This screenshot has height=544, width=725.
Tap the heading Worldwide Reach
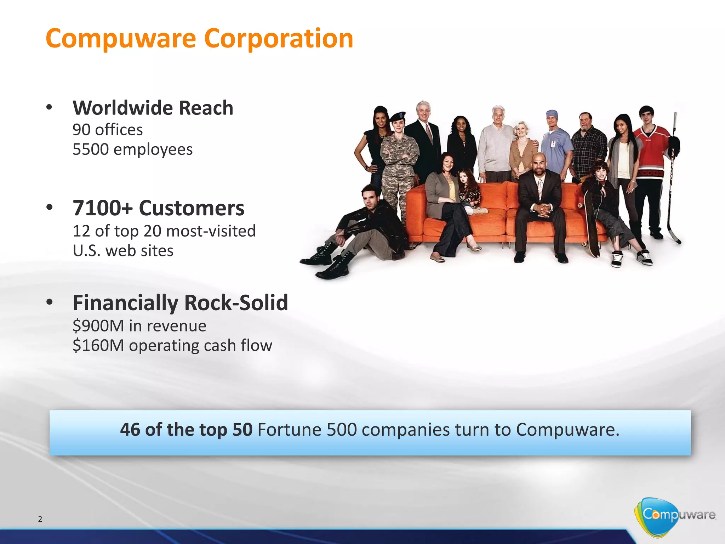(x=153, y=108)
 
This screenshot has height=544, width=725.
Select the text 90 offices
(x=108, y=130)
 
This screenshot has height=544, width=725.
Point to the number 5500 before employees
(x=90, y=149)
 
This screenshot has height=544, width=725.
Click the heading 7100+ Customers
(x=158, y=208)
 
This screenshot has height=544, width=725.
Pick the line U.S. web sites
(x=123, y=251)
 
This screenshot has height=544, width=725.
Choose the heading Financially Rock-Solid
(x=180, y=303)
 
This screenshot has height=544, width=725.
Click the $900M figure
(x=98, y=326)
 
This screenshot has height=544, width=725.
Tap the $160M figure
(x=98, y=345)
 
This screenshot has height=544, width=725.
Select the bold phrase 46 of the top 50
(x=186, y=430)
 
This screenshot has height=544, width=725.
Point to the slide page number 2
(x=40, y=519)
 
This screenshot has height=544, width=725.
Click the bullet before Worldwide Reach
(x=49, y=107)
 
